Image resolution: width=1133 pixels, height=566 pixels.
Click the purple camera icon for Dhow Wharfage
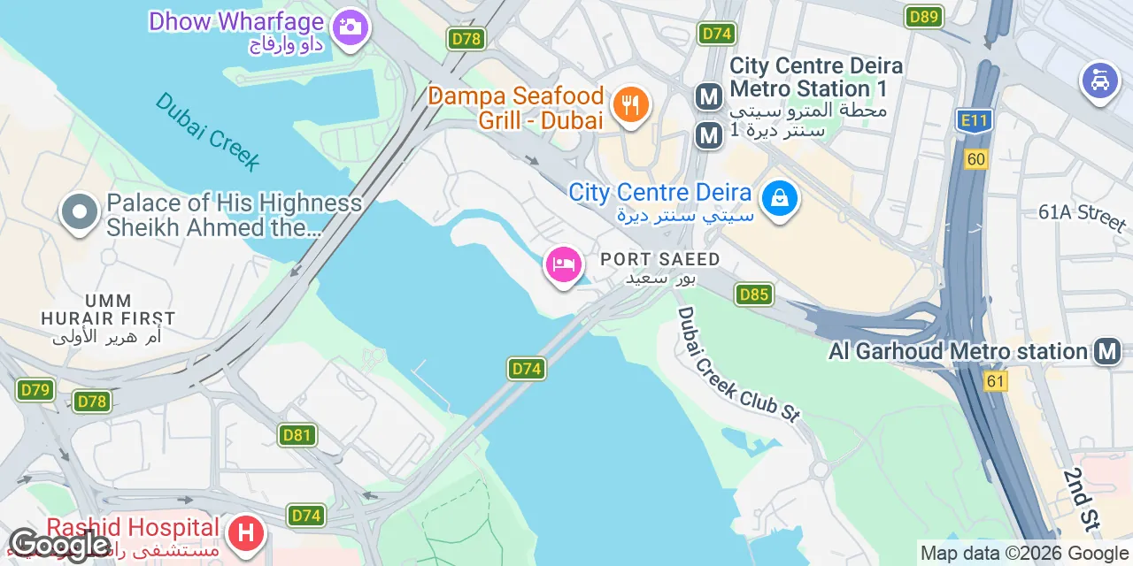[351, 27]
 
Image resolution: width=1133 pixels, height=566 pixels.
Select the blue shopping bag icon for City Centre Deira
[779, 199]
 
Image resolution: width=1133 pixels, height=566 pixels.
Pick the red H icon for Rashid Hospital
[246, 534]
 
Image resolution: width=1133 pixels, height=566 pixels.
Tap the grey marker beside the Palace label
[80, 212]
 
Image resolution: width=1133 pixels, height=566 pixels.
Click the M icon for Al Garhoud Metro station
[1106, 351]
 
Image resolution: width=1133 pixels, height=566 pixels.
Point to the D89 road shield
[924, 16]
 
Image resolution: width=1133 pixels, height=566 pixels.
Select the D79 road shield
[35, 389]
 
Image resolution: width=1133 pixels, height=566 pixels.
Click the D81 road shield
[297, 434]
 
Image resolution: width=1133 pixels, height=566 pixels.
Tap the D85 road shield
[753, 294]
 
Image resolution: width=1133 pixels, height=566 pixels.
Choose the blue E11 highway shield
[974, 120]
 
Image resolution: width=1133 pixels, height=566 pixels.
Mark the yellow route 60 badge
[976, 159]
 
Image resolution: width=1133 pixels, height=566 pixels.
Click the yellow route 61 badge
[996, 380]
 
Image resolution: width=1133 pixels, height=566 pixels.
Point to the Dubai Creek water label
[209, 132]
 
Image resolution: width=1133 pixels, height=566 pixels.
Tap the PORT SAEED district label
[660, 259]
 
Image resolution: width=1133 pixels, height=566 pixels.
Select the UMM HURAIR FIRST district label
[108, 310]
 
